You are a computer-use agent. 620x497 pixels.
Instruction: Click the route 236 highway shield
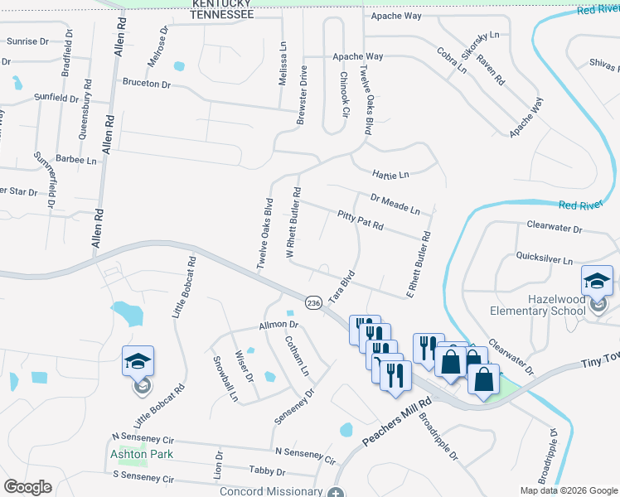pos(313,304)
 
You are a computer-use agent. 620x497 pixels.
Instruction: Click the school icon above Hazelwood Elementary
pos(597,281)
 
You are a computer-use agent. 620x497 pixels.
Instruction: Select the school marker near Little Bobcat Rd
pos(138,361)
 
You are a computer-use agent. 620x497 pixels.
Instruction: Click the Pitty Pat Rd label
pos(361,220)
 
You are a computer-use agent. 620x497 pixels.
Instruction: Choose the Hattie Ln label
pos(391,175)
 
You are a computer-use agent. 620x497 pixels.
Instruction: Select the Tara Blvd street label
pos(342,287)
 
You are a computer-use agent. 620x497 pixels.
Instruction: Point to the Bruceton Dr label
pos(146,84)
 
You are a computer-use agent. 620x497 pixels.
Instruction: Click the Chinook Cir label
pos(345,92)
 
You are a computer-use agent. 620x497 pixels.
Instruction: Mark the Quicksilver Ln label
pos(545,259)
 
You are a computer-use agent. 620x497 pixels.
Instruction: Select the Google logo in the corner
pos(27,487)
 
